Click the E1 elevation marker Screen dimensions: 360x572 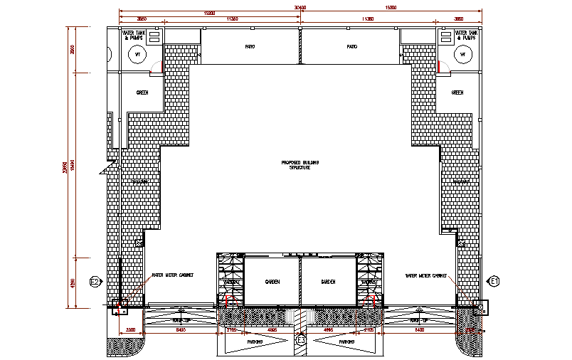coord(495,282)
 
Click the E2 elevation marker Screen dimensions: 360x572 coord(94,282)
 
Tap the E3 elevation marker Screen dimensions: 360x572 coord(301,341)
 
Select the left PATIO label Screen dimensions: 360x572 coord(250,47)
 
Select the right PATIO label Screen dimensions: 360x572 coord(351,47)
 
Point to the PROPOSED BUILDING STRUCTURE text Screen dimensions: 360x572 coord(300,165)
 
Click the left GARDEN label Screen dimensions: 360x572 coord(272,282)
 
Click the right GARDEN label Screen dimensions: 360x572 coord(328,282)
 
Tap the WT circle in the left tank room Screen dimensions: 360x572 coord(138,55)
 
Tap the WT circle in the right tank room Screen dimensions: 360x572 coord(462,55)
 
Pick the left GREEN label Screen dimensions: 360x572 coord(142,92)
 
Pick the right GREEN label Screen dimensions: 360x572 coord(457,92)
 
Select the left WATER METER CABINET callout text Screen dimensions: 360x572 coord(173,275)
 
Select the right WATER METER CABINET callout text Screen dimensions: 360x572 coord(427,275)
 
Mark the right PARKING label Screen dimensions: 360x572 coord(346,342)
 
